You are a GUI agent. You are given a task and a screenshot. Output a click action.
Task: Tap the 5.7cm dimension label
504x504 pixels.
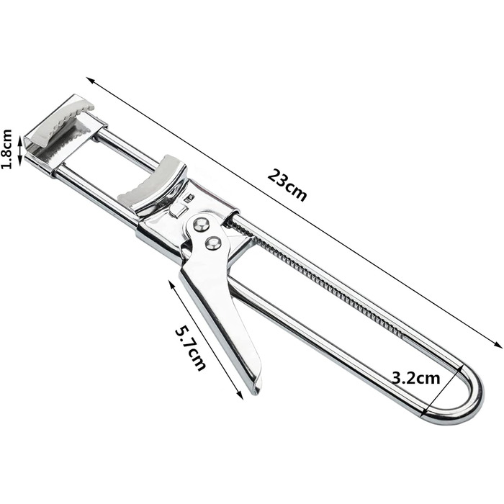pos(190,348)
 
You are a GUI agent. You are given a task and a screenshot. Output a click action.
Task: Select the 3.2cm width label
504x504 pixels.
pos(416,378)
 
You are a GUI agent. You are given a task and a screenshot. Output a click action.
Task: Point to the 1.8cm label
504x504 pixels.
pos(7,149)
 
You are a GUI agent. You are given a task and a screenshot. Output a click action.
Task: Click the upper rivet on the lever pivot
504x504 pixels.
pos(202,224)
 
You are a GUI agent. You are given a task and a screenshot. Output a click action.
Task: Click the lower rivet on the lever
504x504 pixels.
pos(213,243)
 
